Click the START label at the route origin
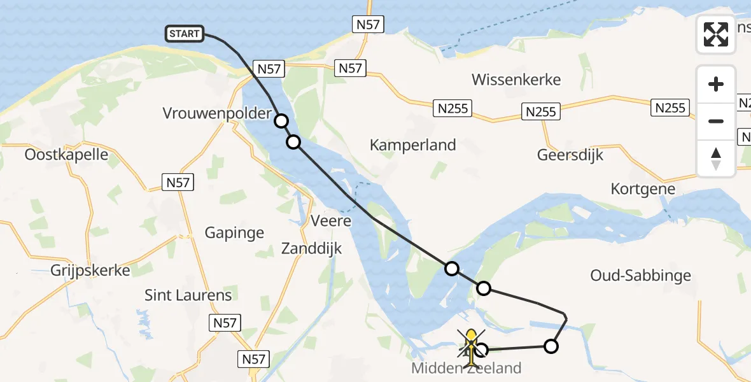point(185,34)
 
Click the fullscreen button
point(716,34)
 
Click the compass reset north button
point(716,159)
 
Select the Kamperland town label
point(413,145)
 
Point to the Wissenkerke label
point(516,80)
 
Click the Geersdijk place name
point(570,155)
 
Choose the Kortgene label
point(643,189)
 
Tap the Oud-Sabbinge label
point(641,276)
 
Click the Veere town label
point(331,221)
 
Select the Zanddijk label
point(311,248)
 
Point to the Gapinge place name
point(234,232)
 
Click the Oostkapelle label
point(66,155)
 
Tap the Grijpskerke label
point(90,271)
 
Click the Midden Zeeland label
point(467,368)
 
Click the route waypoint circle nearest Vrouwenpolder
point(281,121)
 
